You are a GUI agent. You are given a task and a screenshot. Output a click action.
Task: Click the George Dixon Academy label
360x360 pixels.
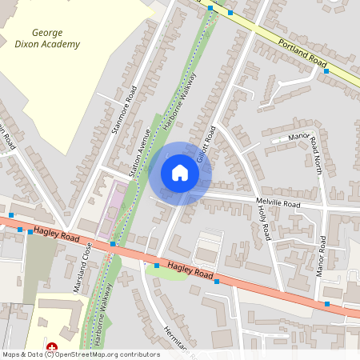pos(56,38)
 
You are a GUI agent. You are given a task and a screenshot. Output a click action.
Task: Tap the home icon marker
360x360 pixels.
pos(180,173)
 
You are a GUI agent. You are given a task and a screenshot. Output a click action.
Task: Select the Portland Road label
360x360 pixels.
pos(303,54)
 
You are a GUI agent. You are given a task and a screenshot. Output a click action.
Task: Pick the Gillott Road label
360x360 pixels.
pos(204,144)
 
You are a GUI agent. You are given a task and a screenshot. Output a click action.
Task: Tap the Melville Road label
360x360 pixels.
pos(278,205)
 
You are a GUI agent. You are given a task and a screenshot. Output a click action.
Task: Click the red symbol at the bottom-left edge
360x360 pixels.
pos(52,347)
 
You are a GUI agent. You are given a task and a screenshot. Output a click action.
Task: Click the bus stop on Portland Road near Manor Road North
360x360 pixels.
pos(326,71)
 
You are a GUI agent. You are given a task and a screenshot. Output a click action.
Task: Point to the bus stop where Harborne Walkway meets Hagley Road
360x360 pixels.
pos(113,242)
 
